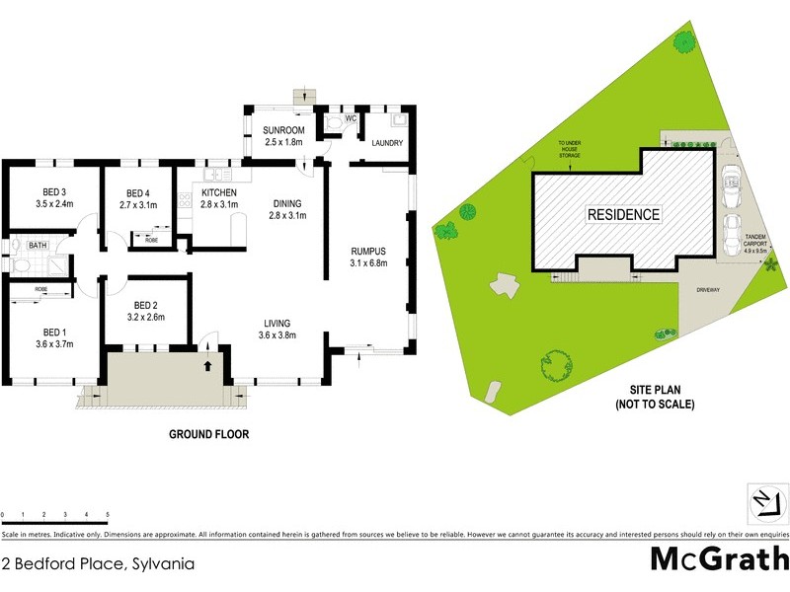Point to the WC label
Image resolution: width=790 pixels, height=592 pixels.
(336, 111)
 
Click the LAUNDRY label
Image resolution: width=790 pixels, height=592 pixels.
(387, 143)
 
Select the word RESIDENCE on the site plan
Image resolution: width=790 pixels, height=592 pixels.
(623, 214)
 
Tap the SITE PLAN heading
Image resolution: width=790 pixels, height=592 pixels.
(655, 391)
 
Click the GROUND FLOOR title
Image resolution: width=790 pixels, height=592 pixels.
(207, 433)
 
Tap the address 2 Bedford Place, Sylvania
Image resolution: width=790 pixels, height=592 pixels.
(97, 564)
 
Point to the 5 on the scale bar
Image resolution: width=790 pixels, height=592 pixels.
(107, 515)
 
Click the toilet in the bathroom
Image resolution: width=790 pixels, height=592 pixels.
(17, 245)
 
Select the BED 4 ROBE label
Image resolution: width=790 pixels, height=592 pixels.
(151, 239)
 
